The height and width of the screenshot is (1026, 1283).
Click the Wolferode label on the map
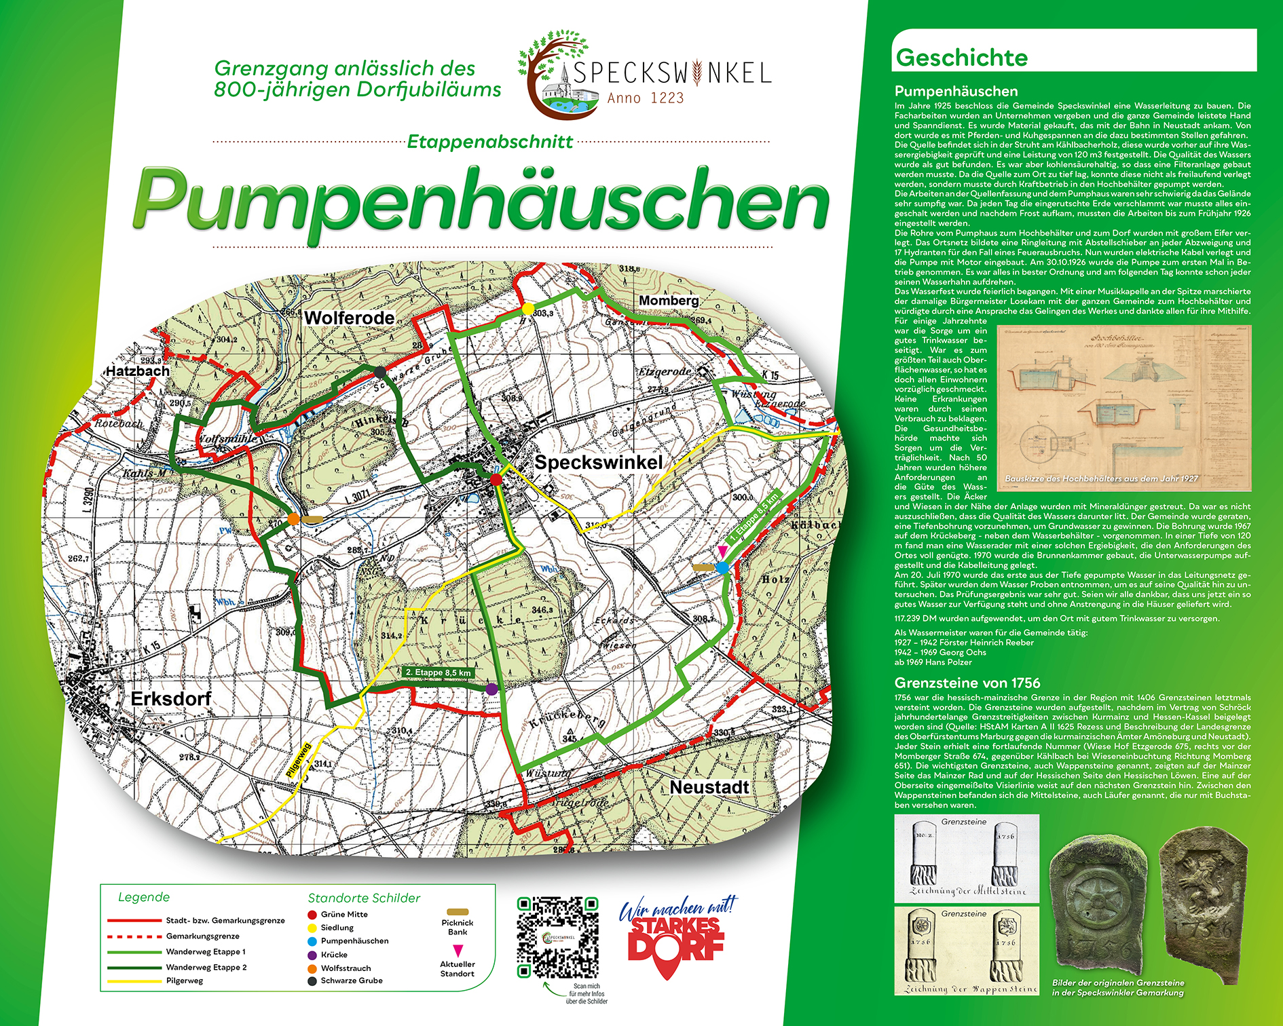coord(349,318)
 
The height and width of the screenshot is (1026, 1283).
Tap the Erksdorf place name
coord(170,699)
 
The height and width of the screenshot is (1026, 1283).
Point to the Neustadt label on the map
coord(709,787)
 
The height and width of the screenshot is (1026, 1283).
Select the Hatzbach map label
coord(137,371)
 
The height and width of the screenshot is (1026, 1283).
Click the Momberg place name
coord(669,300)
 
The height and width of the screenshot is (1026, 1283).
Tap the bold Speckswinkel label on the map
coord(598,462)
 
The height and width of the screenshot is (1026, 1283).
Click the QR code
coord(557,937)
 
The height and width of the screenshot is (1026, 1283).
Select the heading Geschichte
coord(961,58)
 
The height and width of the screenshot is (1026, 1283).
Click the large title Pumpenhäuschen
coord(481,200)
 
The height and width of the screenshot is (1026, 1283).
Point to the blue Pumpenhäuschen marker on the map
coord(722,567)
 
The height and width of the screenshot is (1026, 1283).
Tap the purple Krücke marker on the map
coord(491,689)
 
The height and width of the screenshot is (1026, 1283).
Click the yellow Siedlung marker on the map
coord(527,309)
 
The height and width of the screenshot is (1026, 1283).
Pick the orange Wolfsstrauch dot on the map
coord(293,519)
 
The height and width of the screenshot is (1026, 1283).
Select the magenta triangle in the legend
coord(458,950)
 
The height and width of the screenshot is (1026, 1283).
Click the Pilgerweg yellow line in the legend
coord(134,981)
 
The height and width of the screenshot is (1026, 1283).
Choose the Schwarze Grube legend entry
coord(351,981)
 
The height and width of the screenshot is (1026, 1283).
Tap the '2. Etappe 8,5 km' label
coord(437,672)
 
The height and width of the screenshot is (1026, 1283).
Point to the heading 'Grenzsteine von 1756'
coord(967,683)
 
